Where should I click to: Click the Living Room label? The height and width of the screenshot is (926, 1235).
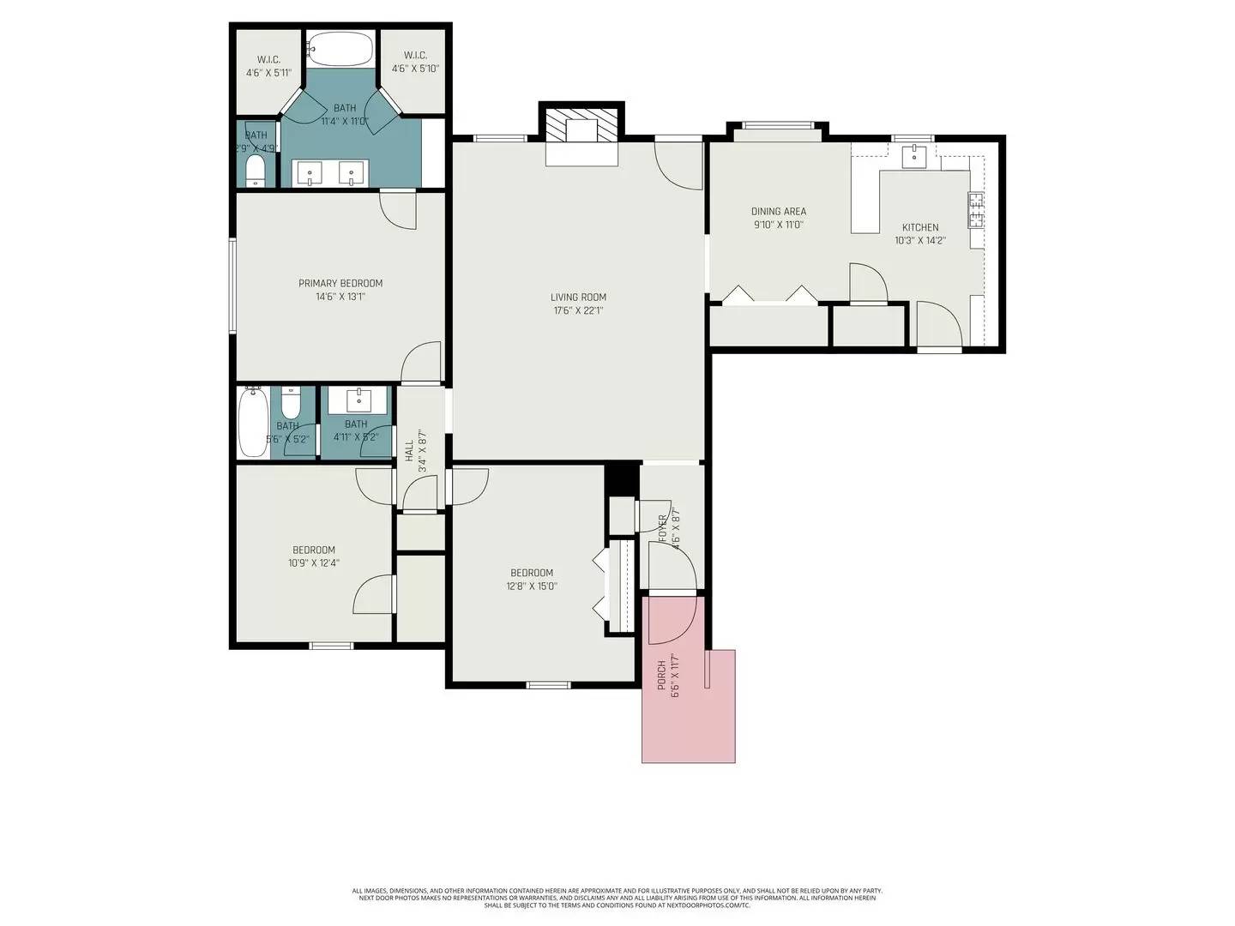click(578, 298)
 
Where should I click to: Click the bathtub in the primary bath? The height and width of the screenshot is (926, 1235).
click(340, 50)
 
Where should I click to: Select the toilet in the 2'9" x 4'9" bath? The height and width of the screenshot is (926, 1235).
click(256, 170)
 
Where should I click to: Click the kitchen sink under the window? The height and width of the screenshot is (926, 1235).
click(913, 156)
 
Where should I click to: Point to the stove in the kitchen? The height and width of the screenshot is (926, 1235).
click(976, 210)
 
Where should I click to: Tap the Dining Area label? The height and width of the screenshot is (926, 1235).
click(779, 212)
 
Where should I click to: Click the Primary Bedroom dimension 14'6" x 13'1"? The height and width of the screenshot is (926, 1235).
click(340, 298)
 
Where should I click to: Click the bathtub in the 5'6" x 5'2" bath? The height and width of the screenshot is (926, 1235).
click(253, 424)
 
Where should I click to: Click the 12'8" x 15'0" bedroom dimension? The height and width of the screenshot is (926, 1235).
click(532, 586)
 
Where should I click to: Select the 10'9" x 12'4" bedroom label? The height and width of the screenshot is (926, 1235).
click(314, 550)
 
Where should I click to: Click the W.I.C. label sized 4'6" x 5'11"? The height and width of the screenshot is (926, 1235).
click(268, 60)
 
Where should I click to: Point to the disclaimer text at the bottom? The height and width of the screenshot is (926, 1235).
click(617, 898)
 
